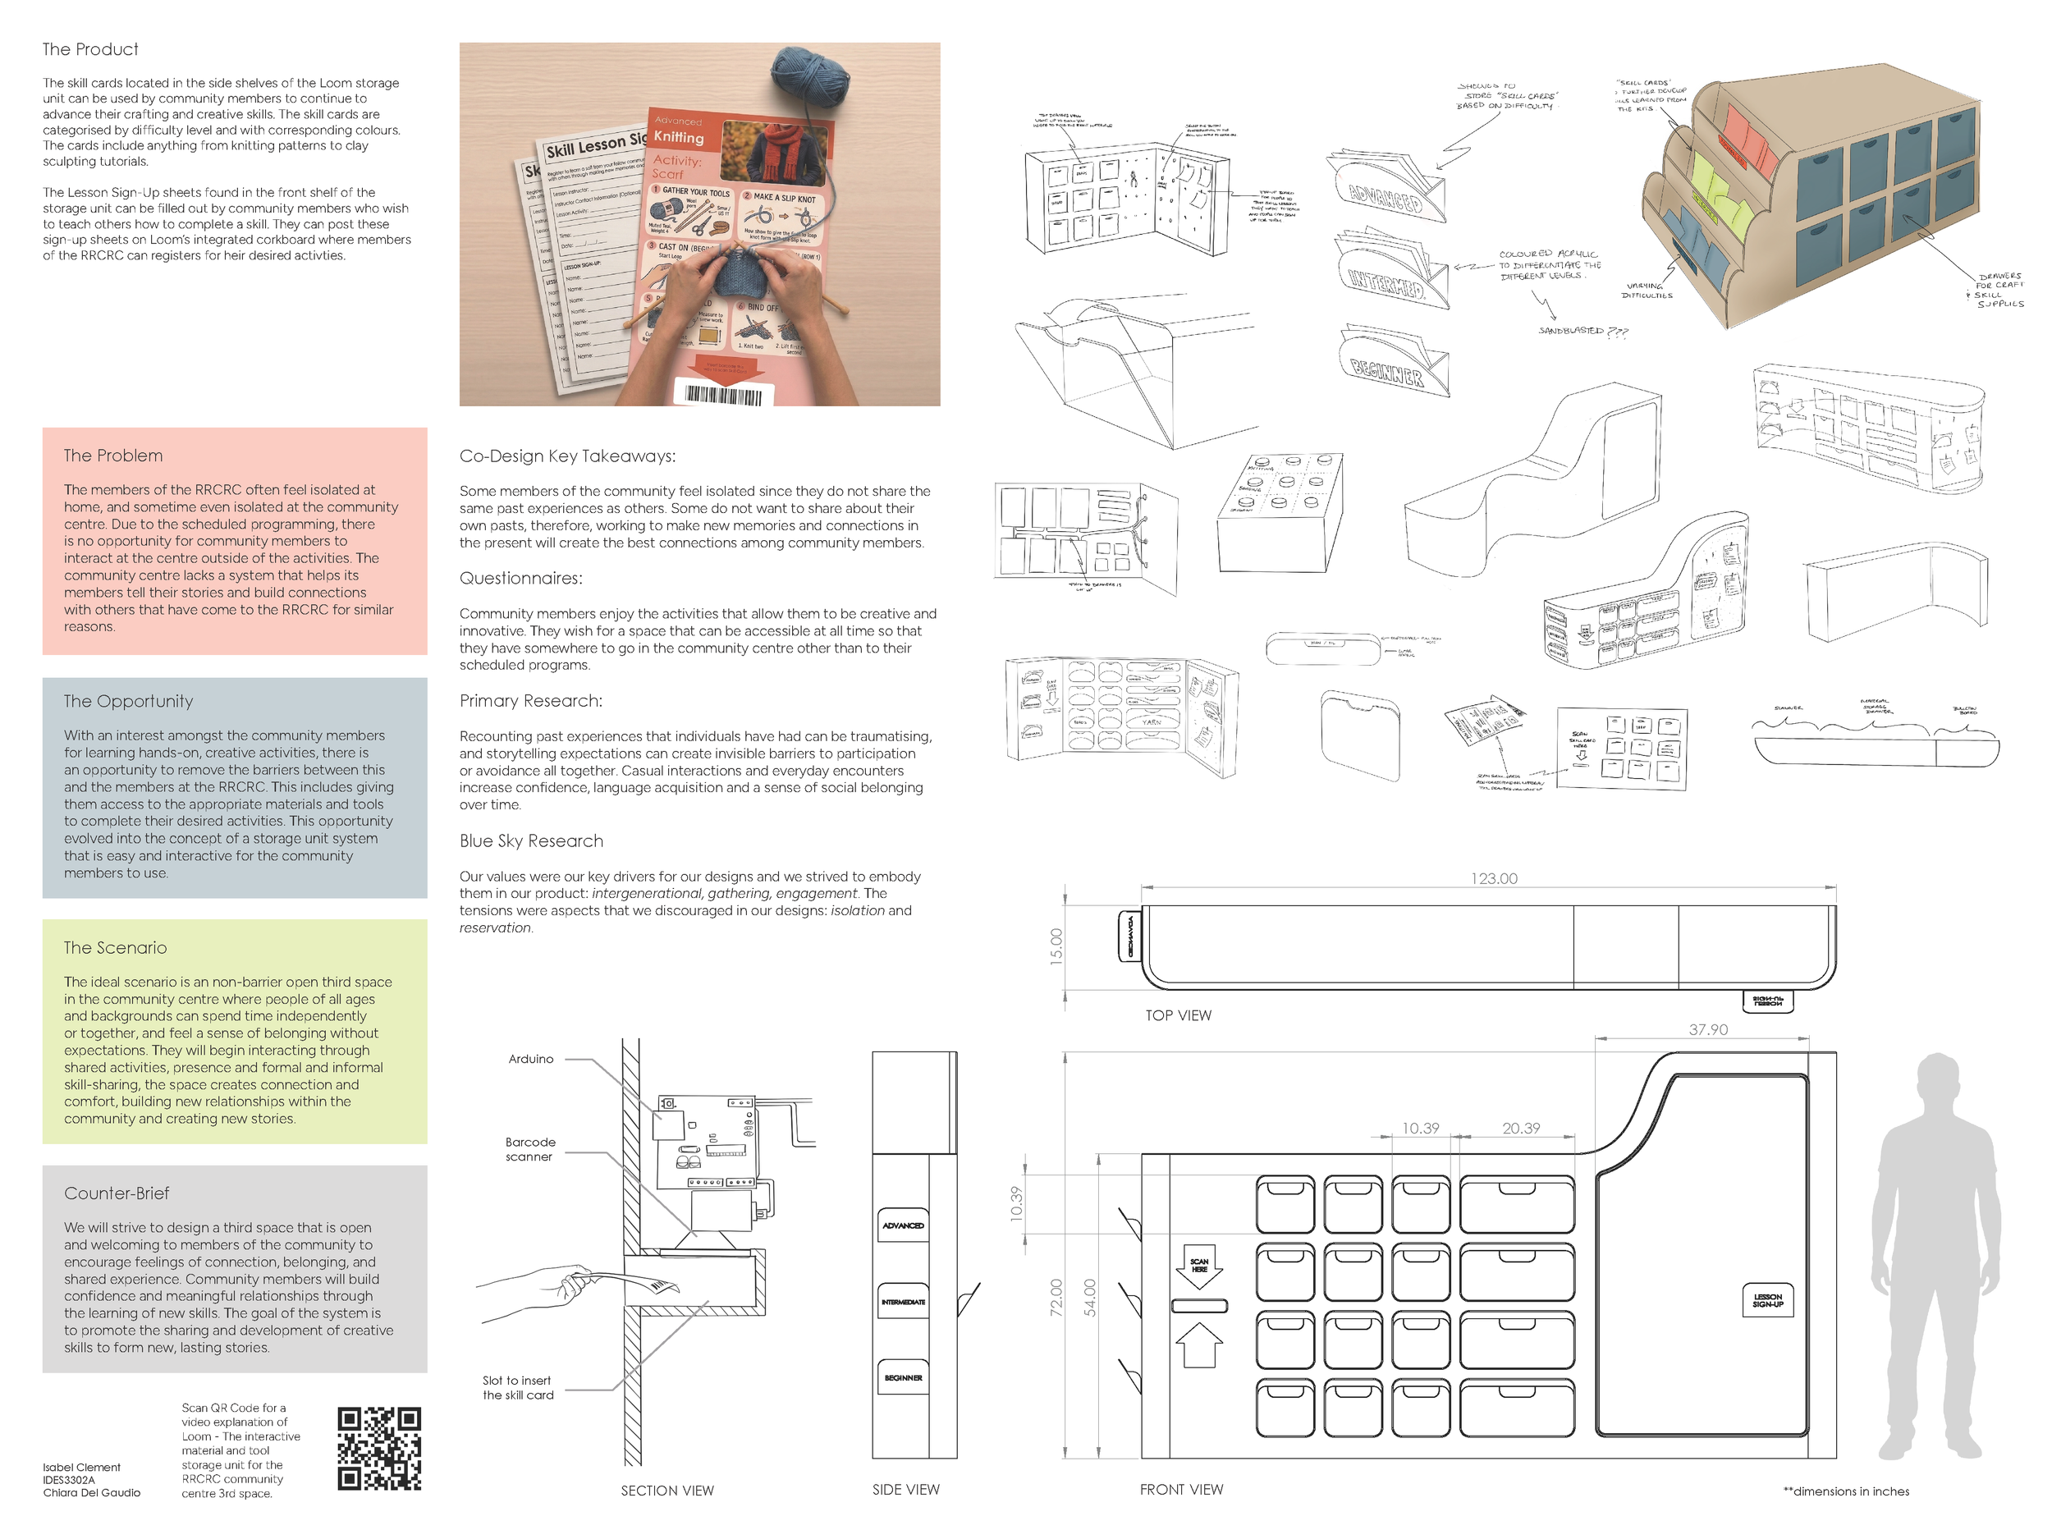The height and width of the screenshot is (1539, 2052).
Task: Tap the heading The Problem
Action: tap(113, 456)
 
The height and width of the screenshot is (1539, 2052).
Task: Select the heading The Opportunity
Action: tap(128, 701)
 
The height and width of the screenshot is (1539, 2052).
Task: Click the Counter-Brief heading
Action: tap(117, 1193)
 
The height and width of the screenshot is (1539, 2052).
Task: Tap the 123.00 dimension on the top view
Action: tap(1494, 878)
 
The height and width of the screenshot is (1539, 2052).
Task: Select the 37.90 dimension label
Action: tap(1708, 1030)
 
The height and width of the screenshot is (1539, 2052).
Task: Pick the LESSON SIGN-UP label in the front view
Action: tap(1767, 1301)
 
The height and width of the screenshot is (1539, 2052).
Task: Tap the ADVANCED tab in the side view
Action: tap(903, 1225)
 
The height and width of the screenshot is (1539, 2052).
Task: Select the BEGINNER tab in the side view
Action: tap(903, 1377)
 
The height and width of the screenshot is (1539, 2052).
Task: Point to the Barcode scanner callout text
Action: tap(529, 1149)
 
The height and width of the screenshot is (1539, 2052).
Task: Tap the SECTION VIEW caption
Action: tap(667, 1491)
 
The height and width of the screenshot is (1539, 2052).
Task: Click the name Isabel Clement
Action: tap(81, 1467)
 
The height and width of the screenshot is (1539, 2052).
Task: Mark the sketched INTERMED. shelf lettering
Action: tap(1386, 283)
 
